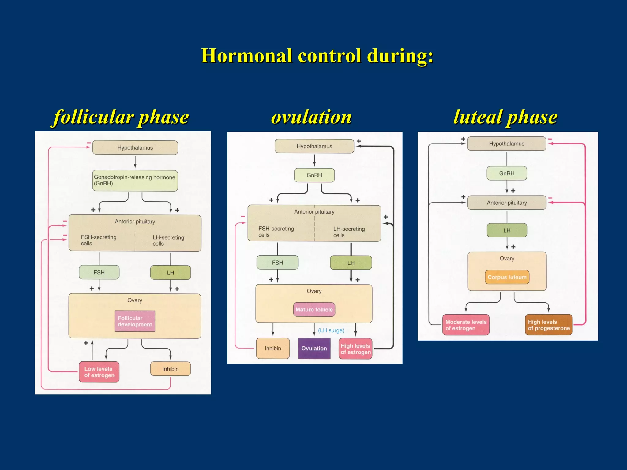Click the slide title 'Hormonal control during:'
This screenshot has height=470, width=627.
(317, 56)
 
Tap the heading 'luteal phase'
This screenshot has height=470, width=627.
(505, 117)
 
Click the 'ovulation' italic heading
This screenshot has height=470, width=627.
(311, 117)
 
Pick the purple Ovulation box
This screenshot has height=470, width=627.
(314, 348)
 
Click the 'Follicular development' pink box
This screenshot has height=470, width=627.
(135, 321)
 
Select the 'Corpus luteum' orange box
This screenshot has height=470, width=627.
(507, 277)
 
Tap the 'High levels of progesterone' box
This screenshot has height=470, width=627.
(548, 325)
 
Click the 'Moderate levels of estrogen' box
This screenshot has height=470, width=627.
(466, 325)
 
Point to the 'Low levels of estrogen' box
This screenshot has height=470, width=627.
(99, 372)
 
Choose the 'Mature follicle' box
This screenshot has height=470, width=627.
(314, 310)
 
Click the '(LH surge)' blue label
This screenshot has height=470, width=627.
(331, 330)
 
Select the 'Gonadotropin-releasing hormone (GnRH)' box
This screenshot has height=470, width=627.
(135, 181)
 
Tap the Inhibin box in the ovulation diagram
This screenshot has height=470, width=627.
(273, 348)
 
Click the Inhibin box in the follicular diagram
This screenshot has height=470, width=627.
(170, 369)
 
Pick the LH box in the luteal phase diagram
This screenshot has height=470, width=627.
(507, 230)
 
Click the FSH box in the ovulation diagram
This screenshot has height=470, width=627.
(277, 263)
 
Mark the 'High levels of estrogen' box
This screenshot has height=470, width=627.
(355, 349)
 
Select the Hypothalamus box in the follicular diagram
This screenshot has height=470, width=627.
(135, 148)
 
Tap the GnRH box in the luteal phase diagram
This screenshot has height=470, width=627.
(507, 173)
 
